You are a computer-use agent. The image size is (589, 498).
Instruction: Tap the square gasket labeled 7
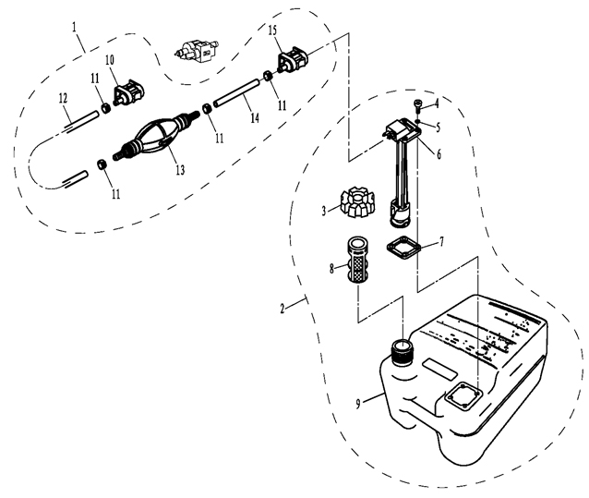click(403, 247)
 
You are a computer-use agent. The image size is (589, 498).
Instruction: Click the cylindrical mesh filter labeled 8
click(357, 261)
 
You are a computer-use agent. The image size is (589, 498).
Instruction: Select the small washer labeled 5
click(418, 121)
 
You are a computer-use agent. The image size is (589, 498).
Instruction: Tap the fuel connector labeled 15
click(293, 60)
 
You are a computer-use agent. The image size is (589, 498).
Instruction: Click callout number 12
click(63, 98)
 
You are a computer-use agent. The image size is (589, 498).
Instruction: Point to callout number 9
click(358, 404)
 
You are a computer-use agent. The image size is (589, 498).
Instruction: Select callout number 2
click(282, 309)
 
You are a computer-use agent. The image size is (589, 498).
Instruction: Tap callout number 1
click(75, 27)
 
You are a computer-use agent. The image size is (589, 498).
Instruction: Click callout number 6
click(439, 154)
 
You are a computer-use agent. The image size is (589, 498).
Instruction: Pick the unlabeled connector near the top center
click(196, 51)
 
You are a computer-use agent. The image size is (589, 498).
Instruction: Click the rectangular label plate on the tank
click(439, 369)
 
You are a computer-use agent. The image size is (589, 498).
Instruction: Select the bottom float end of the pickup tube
click(401, 213)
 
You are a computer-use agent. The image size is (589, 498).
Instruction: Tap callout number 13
click(180, 170)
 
